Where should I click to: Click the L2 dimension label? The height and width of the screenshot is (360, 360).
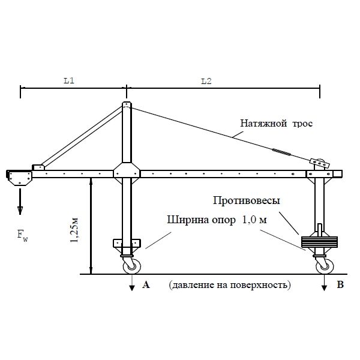click(205, 81)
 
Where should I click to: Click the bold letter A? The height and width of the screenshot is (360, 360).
click(145, 286)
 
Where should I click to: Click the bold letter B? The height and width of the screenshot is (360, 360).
click(340, 286)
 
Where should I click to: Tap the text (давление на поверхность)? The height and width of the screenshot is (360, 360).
click(229, 285)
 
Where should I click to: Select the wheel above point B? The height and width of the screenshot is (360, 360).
click(324, 264)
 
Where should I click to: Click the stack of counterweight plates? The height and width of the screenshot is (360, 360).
click(319, 242)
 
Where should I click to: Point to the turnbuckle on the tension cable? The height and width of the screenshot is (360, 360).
click(281, 153)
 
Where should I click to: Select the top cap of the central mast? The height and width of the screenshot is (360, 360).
click(127, 106)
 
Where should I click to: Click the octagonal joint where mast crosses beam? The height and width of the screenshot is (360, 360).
click(127, 173)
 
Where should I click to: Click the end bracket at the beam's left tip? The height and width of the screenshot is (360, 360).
click(19, 178)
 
